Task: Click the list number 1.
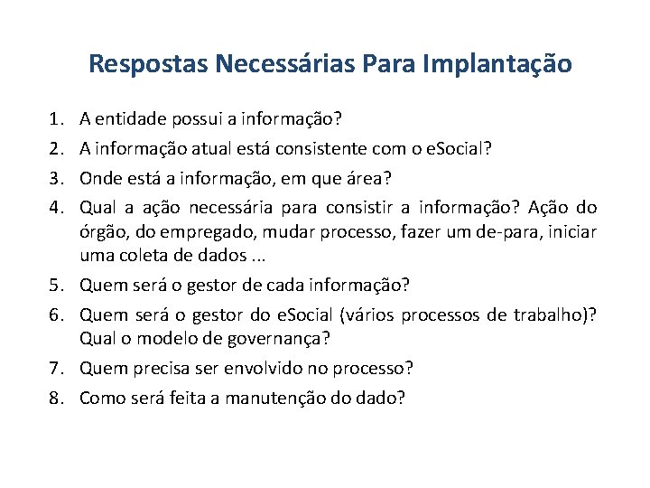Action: (57, 118)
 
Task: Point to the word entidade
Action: (128, 118)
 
